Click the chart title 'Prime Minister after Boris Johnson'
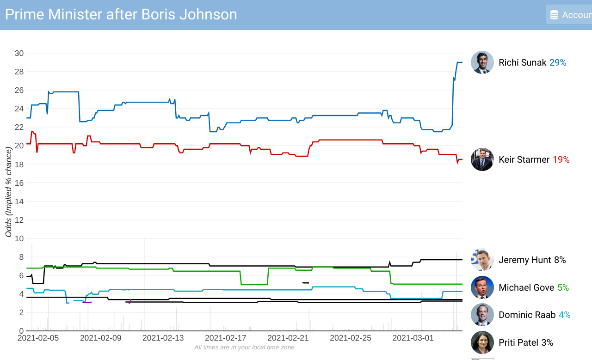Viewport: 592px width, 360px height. pos(121,14)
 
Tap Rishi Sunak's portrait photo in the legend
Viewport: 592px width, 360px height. pos(482,62)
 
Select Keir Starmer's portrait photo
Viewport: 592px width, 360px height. pos(482,159)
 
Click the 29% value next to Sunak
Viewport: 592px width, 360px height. pos(558,62)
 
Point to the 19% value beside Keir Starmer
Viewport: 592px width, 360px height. pos(561,159)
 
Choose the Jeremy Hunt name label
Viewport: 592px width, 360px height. pos(524,260)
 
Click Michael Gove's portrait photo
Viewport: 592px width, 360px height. pos(482,287)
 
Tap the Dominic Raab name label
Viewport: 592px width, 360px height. pos(527,315)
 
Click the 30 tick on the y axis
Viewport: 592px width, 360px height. pos(19,53)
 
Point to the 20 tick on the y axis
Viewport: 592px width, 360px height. pos(19,146)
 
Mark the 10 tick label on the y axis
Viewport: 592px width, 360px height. pos(19,238)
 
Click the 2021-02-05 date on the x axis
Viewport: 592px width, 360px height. pos(38,338)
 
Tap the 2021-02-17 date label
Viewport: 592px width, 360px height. pos(226,338)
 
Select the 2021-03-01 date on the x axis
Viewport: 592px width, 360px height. pos(413,338)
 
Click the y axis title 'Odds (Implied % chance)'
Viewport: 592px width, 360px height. pos(8,192)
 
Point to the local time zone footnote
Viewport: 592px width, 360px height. pos(244,347)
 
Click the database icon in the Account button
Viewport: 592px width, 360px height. pos(554,15)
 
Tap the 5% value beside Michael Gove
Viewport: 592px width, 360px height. pos(563,287)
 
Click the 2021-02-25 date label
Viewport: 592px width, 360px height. pos(351,338)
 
